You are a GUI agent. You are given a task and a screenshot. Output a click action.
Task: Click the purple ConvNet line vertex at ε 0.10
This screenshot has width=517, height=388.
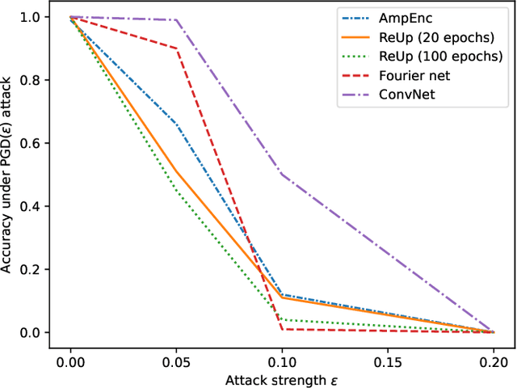[x=282, y=174]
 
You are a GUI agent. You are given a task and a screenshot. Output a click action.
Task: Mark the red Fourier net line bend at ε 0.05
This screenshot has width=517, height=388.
[x=176, y=48]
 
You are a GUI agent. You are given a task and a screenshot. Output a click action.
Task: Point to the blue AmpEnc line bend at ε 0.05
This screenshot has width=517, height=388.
[x=176, y=124]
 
